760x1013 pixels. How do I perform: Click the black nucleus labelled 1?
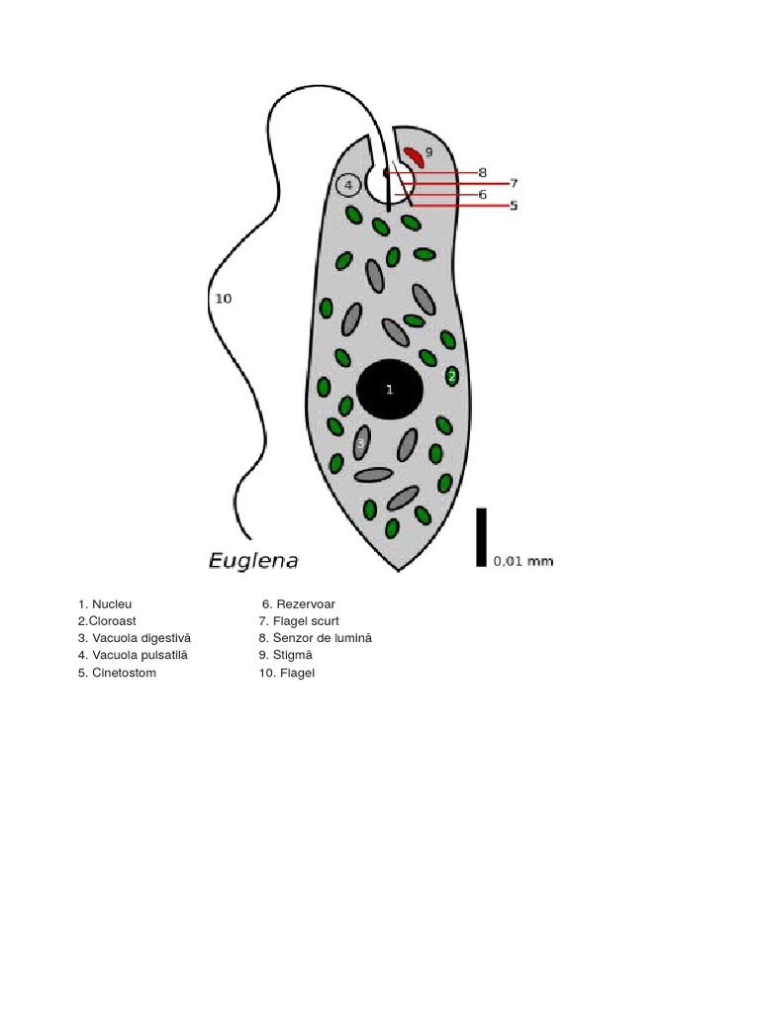coord(391,390)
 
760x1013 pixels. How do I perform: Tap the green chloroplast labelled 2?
coord(451,376)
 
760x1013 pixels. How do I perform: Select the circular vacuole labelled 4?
coord(348,185)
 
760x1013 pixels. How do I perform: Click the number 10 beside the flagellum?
coord(223,298)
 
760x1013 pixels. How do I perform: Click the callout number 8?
coord(483,172)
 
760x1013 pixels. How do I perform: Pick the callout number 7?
coord(514,183)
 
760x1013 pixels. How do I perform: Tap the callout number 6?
coord(483,195)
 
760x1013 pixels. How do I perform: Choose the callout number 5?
coord(514,206)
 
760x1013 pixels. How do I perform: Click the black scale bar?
coord(481,537)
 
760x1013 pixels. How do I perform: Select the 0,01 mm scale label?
coord(523,561)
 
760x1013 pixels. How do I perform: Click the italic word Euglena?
coord(253,561)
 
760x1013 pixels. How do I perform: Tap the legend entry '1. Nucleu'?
coord(105,603)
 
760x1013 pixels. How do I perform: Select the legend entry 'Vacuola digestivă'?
coord(135,638)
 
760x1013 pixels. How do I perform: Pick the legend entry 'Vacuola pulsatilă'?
coord(133,655)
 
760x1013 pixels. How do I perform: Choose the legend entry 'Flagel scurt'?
coord(299,621)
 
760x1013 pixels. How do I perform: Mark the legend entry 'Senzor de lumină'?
coord(316,638)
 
